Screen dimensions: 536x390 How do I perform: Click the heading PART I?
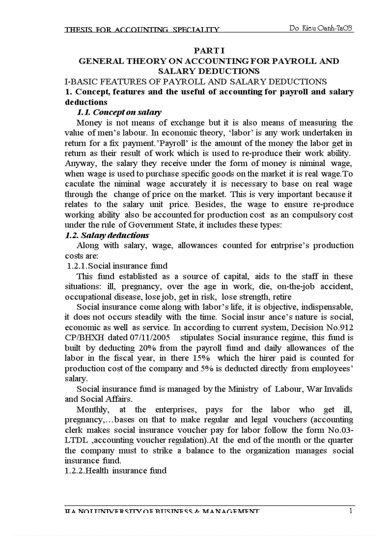209,51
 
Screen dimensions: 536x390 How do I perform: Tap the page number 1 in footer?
350,512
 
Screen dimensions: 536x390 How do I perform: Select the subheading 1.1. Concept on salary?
119,113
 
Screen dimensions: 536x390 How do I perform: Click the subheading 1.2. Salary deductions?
107,235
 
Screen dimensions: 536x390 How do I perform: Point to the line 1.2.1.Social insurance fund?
118,266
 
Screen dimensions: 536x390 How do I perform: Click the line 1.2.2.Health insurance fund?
116,471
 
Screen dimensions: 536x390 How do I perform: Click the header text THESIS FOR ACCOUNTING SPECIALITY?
142,30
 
